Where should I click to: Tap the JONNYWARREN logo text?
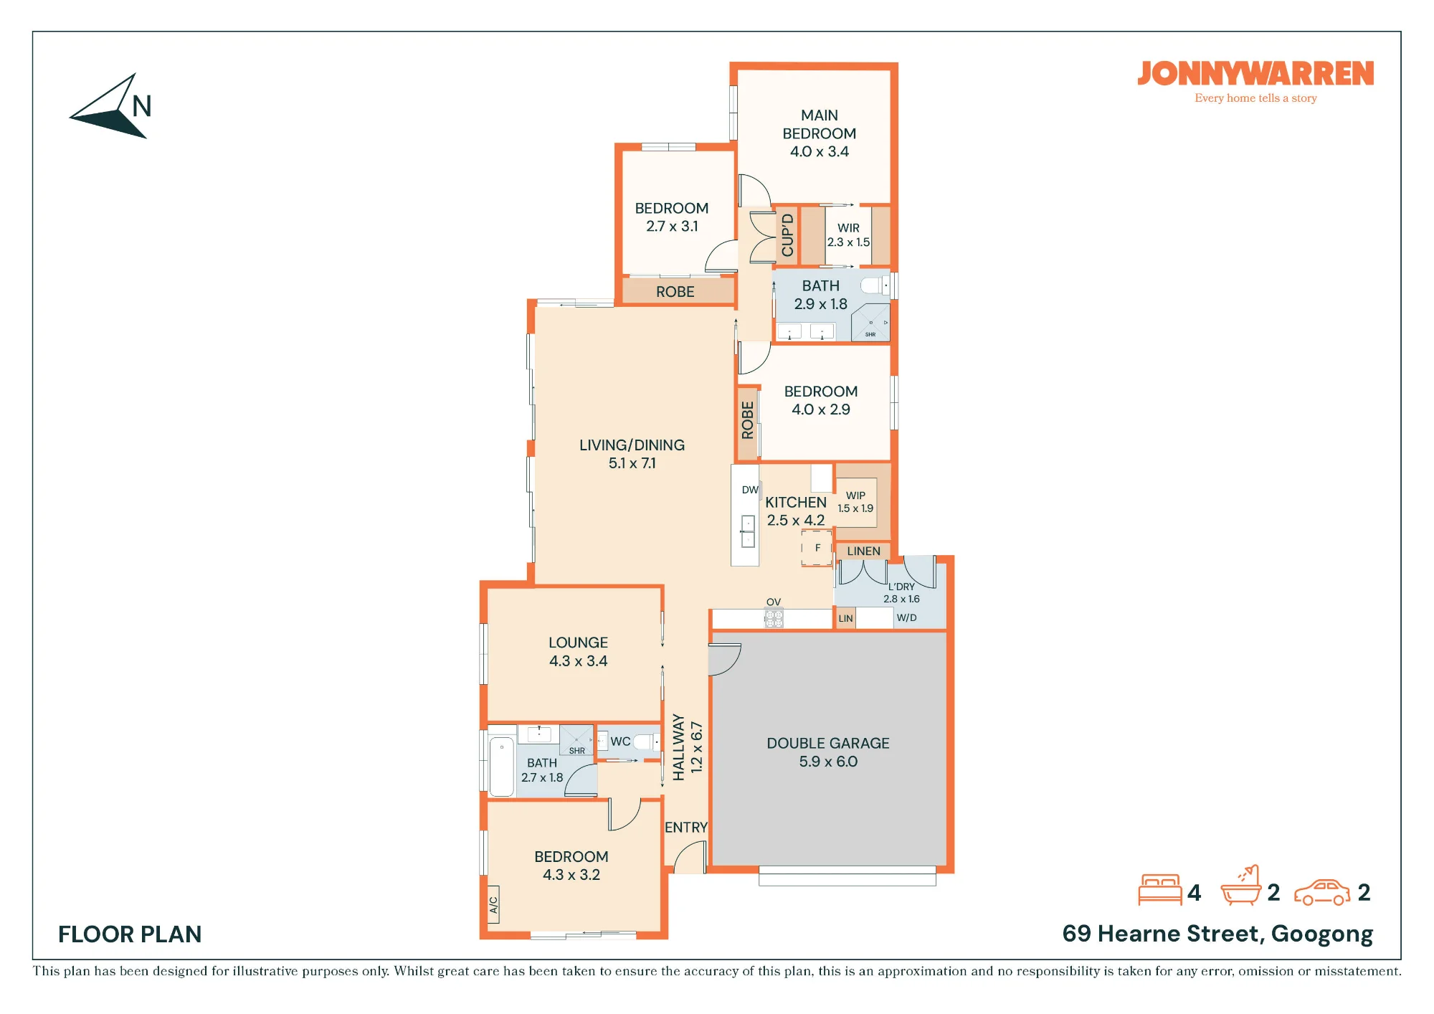tap(1255, 74)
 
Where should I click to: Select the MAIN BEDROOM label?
tap(820, 125)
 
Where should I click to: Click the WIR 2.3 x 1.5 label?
tap(849, 235)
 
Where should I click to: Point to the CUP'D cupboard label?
tap(788, 234)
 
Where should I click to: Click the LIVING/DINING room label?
tap(632, 445)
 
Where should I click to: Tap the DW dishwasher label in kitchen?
tap(750, 491)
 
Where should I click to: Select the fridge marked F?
tap(817, 548)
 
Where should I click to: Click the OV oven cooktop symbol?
tap(774, 617)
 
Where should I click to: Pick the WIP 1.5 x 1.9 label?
tap(856, 502)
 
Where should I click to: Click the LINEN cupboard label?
tap(864, 551)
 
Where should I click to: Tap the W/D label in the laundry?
tap(907, 618)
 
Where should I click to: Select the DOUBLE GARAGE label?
tap(828, 744)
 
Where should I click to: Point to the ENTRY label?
tap(686, 828)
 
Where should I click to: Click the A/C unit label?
tap(493, 905)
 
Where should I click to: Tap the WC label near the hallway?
tap(621, 741)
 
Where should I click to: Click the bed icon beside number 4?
tap(1160, 890)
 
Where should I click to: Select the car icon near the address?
tap(1322, 893)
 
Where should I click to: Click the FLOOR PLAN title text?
tap(130, 934)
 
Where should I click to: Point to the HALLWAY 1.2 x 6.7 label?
tap(688, 747)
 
